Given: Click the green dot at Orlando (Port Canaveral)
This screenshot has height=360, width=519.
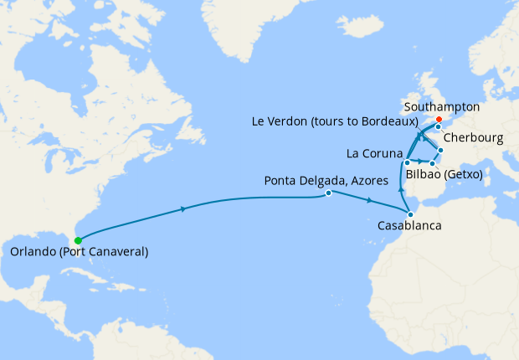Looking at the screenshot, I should (x=78, y=240).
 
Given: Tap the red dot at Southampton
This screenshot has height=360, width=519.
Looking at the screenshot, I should (x=439, y=118).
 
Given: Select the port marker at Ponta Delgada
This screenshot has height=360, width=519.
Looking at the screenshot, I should (x=329, y=193).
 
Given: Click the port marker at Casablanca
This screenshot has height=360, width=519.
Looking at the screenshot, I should (x=410, y=215).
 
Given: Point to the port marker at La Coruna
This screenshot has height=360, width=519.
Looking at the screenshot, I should (x=406, y=162).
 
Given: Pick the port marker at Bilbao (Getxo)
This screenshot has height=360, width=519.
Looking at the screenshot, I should (x=432, y=163).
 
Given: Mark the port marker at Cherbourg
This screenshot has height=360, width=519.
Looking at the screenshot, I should (x=438, y=127).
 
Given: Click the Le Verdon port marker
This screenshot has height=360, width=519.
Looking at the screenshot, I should (x=440, y=151).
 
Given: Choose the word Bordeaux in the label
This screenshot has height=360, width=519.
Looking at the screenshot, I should (x=386, y=121).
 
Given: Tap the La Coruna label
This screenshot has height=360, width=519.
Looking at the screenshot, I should (x=373, y=154).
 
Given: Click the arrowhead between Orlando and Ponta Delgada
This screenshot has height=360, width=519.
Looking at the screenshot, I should (x=182, y=209).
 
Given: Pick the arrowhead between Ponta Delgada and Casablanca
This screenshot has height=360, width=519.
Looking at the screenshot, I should (x=370, y=201).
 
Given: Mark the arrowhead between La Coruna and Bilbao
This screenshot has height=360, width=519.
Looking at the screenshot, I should (x=419, y=160).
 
